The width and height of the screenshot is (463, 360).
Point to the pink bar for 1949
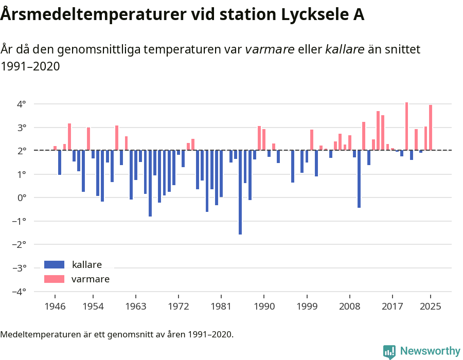pyautogui.click(x=69, y=137)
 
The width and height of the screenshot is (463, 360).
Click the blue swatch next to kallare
pyautogui.click(x=54, y=265)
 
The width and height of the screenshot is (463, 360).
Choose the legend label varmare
pyautogui.click(x=91, y=279)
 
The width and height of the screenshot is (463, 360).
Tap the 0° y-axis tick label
pyautogui.click(x=22, y=198)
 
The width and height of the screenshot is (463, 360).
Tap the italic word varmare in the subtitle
pyautogui.click(x=270, y=49)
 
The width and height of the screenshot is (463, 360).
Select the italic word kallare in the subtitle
pyautogui.click(x=345, y=49)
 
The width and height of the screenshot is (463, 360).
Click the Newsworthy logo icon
pyautogui.click(x=389, y=351)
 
